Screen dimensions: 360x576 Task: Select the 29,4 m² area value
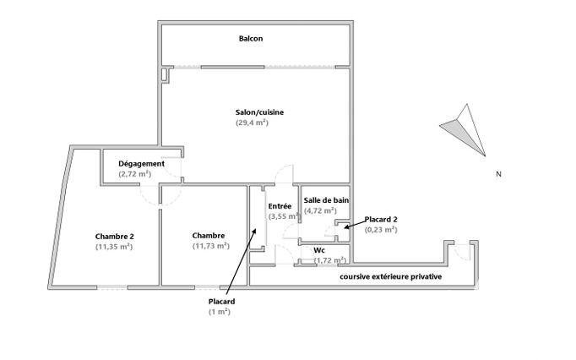(x=252, y=123)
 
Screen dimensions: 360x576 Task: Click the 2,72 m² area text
(x=135, y=174)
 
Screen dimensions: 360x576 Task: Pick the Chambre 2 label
(x=115, y=236)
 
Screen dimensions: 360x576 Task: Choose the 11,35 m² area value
(x=115, y=247)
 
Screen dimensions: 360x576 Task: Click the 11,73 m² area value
(x=211, y=247)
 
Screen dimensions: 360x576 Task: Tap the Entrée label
(x=280, y=206)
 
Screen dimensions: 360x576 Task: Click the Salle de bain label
(x=327, y=200)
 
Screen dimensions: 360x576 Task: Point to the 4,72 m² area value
(x=320, y=211)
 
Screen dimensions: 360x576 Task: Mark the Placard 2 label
(x=381, y=219)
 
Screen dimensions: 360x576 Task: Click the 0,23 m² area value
(x=381, y=230)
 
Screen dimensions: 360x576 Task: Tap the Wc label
(x=319, y=250)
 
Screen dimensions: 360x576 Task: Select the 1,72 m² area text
(x=329, y=260)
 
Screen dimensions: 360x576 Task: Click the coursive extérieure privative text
(x=390, y=277)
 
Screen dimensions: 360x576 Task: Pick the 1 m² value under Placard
(x=220, y=312)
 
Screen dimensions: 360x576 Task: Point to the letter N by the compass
(x=499, y=175)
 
